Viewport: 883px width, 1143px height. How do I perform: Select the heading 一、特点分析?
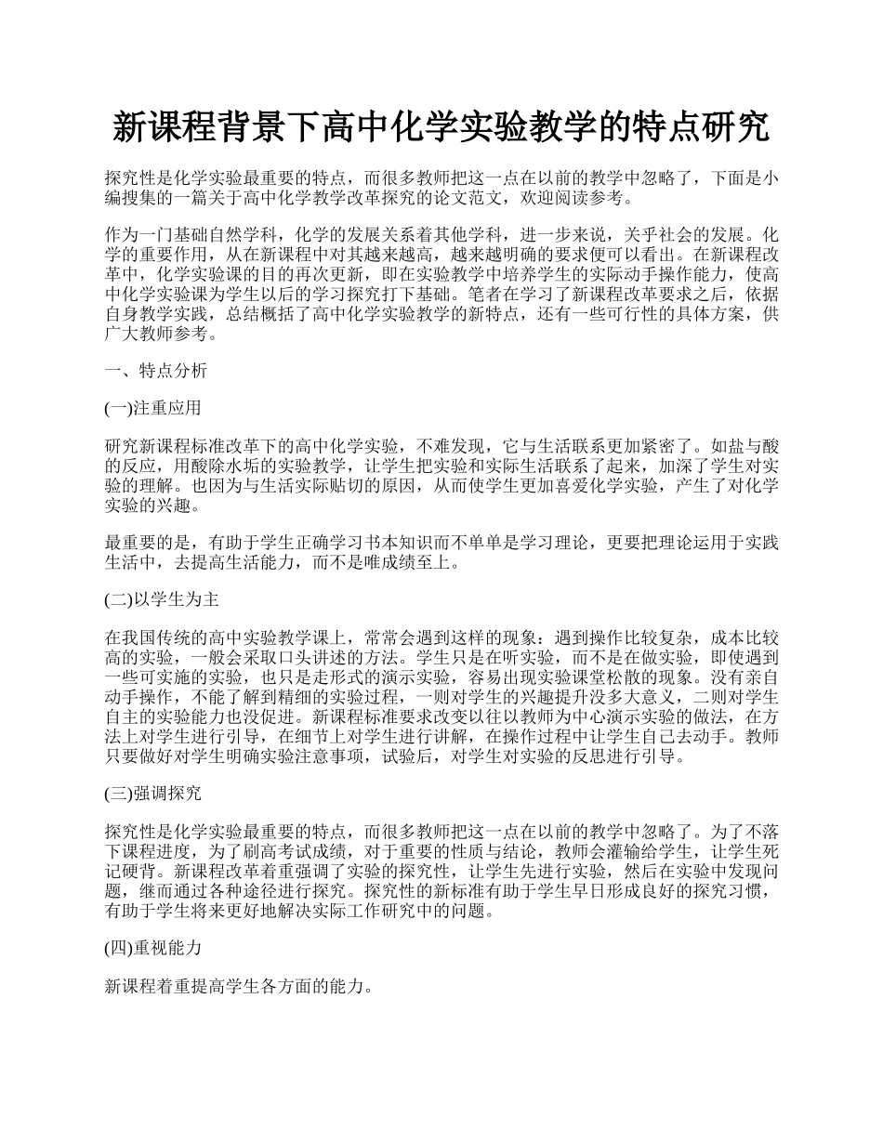156,371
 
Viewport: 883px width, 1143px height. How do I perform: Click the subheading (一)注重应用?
152,408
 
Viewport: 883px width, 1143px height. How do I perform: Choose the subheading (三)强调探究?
152,794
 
